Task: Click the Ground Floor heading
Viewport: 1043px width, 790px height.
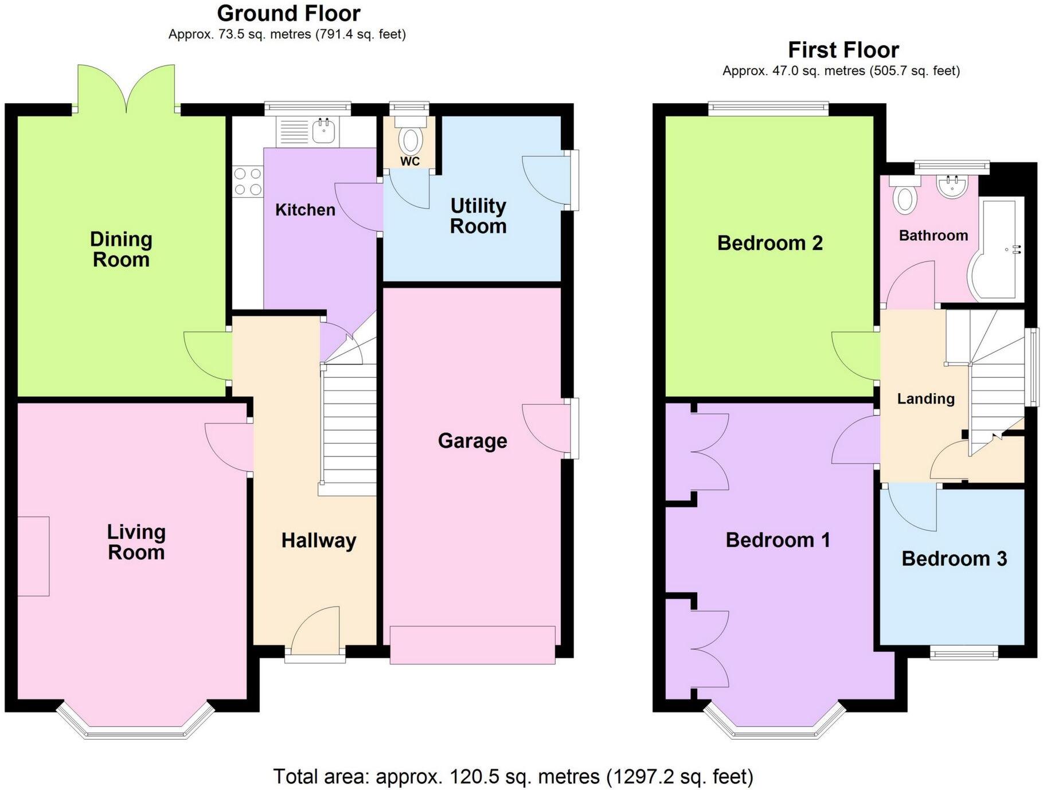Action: (289, 13)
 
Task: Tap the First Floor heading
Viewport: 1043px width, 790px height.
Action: (843, 50)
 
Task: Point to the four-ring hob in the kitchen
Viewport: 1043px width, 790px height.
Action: (248, 181)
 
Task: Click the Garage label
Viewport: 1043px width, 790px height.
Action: (472, 440)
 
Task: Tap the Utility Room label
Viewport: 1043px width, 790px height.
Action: (478, 216)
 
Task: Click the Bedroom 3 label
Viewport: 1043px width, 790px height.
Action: (954, 558)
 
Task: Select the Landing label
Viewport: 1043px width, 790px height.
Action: (925, 398)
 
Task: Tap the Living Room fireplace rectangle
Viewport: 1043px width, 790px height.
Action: (33, 556)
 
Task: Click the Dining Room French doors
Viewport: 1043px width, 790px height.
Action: (126, 89)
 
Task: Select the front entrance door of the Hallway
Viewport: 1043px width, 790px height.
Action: (315, 633)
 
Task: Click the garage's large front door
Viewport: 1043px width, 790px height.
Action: (472, 646)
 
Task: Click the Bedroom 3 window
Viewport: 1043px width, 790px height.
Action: (963, 653)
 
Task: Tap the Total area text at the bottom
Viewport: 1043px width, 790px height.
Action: (513, 777)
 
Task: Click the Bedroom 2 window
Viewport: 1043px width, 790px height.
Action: (768, 107)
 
